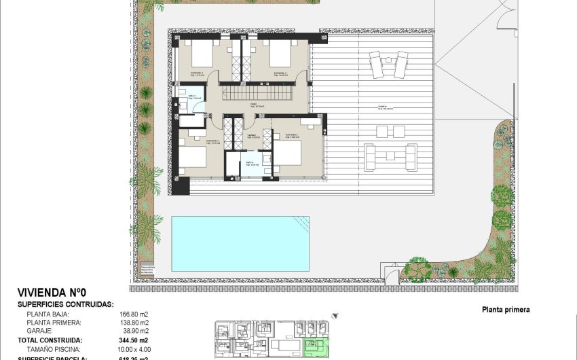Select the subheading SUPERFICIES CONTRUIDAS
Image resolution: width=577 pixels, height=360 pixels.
tap(65, 305)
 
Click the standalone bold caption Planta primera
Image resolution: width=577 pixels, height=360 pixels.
tap(506, 309)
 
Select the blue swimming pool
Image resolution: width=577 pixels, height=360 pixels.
tap(240, 242)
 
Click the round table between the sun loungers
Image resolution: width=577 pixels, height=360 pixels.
tap(388, 60)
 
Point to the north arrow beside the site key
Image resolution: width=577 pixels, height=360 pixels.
tap(335, 317)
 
